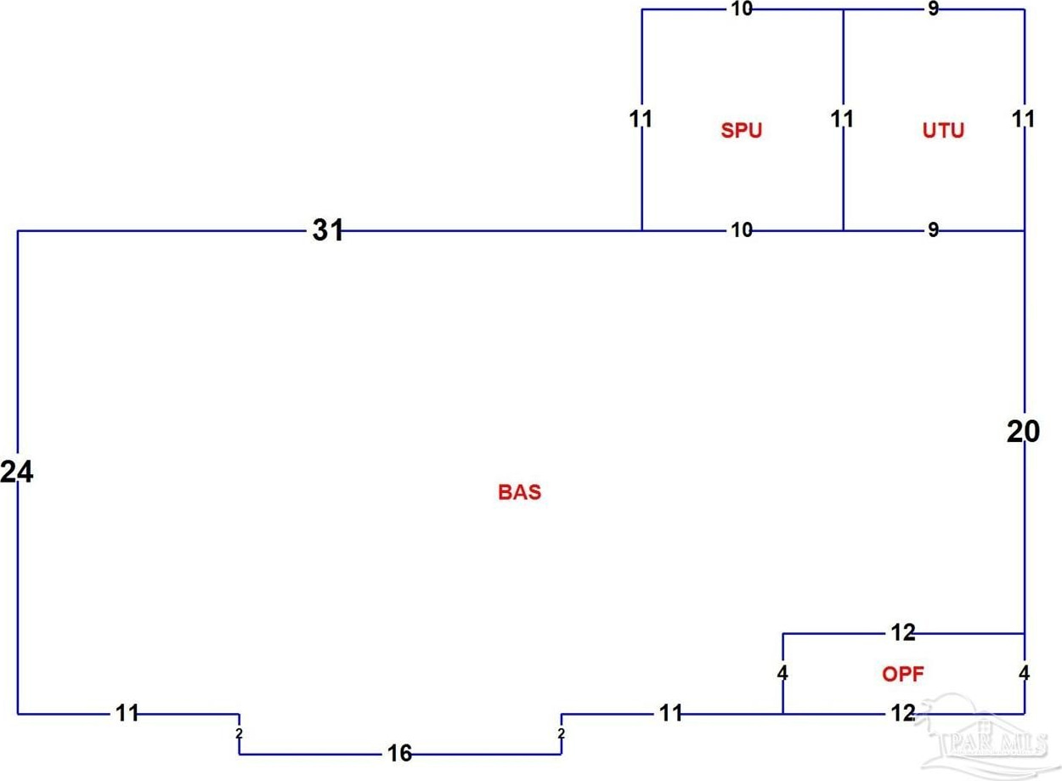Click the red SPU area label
point(741,131)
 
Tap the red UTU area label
point(943,131)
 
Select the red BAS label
point(519,493)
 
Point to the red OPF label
point(902,675)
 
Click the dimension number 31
point(328,230)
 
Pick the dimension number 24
point(17,473)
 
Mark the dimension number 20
point(1023,433)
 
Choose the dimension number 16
point(399,754)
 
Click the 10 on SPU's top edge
point(741,10)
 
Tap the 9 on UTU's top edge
point(934,10)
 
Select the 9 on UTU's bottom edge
point(933,229)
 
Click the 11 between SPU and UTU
point(842,119)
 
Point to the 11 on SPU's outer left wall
point(641,119)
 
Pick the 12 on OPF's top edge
point(902,632)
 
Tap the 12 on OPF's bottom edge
point(902,714)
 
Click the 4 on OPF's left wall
point(782,674)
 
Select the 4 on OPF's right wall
point(1024,674)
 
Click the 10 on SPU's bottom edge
point(741,229)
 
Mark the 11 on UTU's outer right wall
point(1024,119)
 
